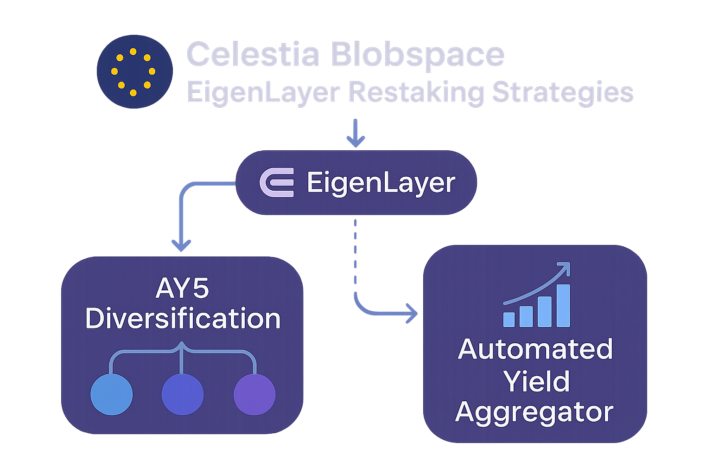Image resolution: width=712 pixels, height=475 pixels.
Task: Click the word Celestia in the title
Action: [x=253, y=55]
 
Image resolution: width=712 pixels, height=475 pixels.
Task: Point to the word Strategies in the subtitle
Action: [x=562, y=92]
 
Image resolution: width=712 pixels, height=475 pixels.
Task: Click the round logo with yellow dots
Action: [x=134, y=71]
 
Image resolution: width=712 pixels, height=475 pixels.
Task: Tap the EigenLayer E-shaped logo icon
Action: [x=277, y=182]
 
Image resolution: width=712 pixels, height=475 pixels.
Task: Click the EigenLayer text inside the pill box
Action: [x=381, y=182]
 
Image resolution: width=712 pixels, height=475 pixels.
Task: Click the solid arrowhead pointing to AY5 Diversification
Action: [x=181, y=244]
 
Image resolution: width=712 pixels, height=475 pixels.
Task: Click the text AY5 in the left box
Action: [x=182, y=289]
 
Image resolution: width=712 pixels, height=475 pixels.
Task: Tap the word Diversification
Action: [x=183, y=319]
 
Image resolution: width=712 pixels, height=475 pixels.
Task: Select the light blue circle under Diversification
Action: [x=111, y=394]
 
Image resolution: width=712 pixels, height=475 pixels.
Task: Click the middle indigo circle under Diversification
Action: [x=182, y=394]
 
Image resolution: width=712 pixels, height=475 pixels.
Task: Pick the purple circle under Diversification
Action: [x=254, y=394]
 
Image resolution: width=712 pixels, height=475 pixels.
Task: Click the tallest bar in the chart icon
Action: [x=563, y=306]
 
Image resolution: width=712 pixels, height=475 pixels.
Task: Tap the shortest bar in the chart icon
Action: [x=509, y=319]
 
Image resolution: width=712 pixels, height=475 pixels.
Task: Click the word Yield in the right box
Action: [x=536, y=381]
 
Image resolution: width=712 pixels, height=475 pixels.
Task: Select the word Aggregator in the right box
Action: [x=534, y=412]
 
